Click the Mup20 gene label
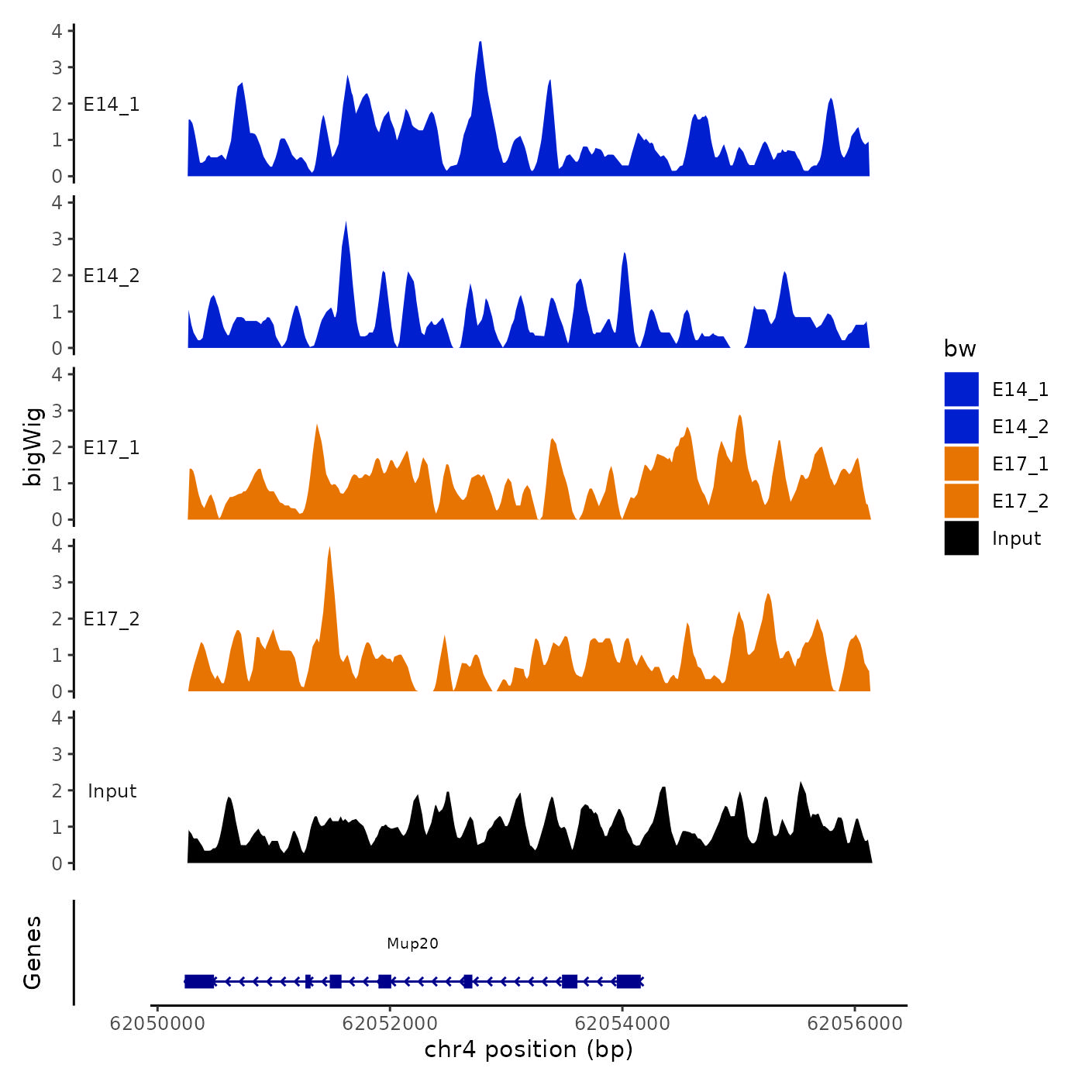click(412, 943)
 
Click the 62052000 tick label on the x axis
click(390, 1023)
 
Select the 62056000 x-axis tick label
click(855, 1023)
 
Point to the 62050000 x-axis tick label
click(157, 1023)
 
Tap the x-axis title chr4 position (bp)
click(529, 1049)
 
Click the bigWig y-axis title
click(33, 447)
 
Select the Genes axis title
click(33, 952)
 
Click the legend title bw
click(959, 349)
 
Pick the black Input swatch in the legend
click(961, 538)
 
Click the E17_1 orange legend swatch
click(961, 463)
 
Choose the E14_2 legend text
click(1020, 426)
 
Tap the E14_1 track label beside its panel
click(112, 105)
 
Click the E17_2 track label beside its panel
click(112, 619)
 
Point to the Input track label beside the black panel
click(112, 791)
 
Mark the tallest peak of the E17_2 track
click(329, 550)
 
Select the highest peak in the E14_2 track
click(346, 225)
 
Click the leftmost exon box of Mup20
click(199, 981)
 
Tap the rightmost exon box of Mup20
click(629, 981)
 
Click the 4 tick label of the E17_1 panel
click(57, 374)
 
